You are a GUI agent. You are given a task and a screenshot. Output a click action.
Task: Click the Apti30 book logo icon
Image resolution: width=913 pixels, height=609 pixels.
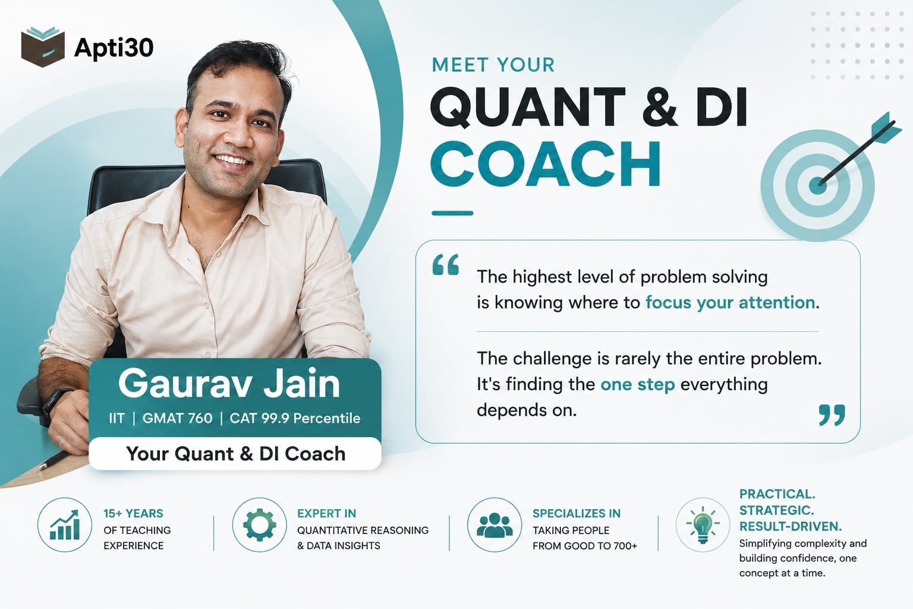click(x=43, y=47)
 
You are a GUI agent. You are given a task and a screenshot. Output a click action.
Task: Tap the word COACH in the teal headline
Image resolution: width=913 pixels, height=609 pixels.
click(x=545, y=164)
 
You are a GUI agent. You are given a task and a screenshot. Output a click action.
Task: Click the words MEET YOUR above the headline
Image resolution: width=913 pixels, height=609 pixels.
click(x=493, y=65)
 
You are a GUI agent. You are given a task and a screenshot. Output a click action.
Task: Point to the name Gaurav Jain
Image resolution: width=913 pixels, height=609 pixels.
click(x=229, y=383)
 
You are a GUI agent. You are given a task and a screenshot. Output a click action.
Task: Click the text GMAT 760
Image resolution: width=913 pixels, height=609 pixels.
click(x=177, y=418)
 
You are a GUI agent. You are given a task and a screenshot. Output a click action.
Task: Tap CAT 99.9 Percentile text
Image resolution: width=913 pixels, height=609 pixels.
click(x=295, y=418)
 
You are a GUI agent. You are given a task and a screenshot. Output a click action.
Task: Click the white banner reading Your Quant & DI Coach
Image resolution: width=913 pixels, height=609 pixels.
click(x=235, y=453)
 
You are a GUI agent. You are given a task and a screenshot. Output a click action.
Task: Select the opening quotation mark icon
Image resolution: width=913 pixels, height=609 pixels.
click(x=445, y=265)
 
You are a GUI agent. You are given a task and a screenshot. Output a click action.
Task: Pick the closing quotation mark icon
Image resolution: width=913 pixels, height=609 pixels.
click(x=832, y=415)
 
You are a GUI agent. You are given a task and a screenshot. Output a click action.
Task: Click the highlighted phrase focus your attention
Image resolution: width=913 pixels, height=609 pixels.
click(x=730, y=303)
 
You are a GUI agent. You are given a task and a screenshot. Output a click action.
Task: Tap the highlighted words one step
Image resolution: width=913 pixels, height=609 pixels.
click(x=637, y=385)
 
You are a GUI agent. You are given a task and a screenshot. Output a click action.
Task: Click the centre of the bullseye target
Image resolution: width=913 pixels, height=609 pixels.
click(x=817, y=186)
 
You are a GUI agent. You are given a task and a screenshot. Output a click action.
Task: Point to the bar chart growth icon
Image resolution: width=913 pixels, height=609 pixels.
click(x=64, y=525)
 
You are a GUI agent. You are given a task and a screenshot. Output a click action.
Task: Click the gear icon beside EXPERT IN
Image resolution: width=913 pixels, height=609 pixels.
click(x=259, y=525)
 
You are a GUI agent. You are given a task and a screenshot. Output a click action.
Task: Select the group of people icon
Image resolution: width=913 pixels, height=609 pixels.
click(x=495, y=525)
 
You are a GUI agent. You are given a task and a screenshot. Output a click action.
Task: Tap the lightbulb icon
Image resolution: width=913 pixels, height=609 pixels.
click(x=702, y=525)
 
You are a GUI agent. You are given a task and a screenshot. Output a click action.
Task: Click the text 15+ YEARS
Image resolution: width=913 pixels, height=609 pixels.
click(x=133, y=513)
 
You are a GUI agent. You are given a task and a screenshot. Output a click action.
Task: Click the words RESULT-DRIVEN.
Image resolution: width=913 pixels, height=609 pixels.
click(x=791, y=526)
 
